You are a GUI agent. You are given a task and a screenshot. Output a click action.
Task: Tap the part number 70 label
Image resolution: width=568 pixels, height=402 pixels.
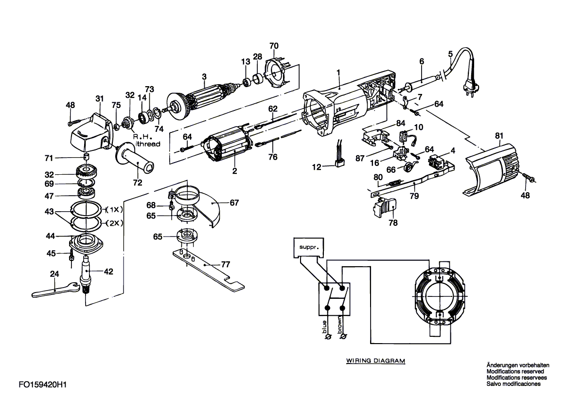[x=274, y=46]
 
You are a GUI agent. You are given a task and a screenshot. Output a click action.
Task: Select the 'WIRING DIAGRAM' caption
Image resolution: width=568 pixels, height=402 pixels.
[x=375, y=361]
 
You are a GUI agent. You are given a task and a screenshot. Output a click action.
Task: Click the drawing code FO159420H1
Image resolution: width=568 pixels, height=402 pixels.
[x=42, y=384]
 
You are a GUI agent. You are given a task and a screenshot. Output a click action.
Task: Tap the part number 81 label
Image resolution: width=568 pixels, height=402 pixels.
[x=499, y=135]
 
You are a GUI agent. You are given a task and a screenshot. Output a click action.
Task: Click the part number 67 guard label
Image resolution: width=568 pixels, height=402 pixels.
[x=234, y=203]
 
